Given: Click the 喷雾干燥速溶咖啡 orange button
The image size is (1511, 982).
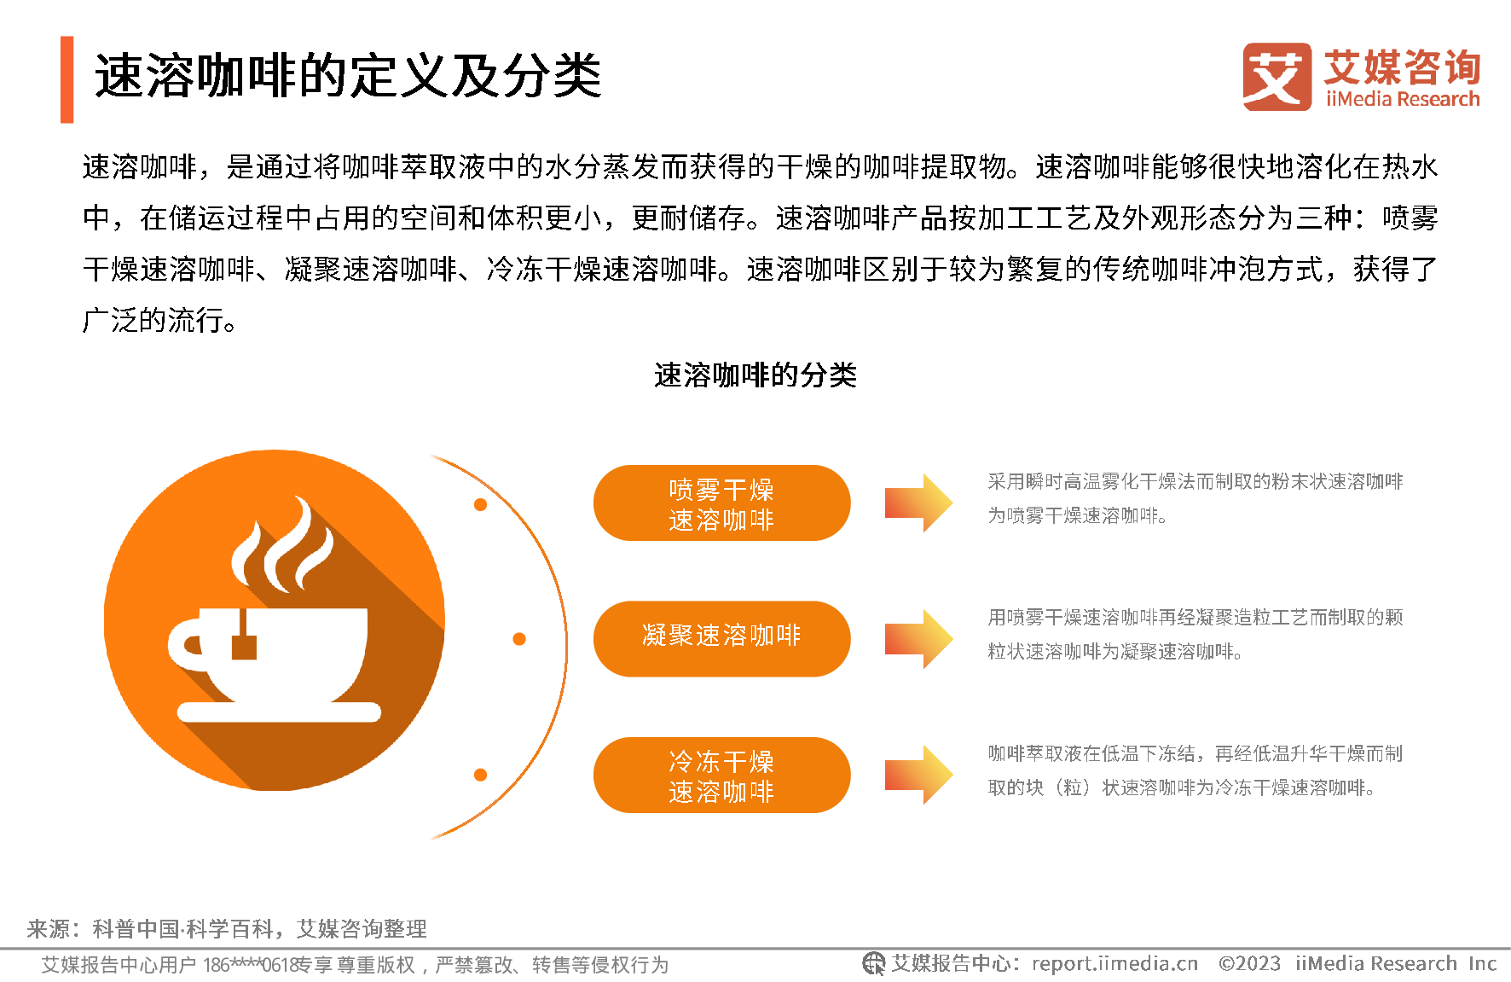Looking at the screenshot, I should coord(721,503).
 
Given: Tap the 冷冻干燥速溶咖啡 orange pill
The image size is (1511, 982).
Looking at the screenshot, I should coord(721,775).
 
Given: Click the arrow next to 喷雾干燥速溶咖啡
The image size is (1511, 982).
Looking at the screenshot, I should coord(918,503).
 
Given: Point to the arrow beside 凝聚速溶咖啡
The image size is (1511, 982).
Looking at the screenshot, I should coord(918,638).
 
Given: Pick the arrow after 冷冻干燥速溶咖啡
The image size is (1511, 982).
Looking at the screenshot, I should coord(918,775).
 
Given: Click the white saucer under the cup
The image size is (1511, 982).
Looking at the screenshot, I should coord(279,712).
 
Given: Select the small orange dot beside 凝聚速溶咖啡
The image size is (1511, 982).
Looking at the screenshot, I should coord(519,639).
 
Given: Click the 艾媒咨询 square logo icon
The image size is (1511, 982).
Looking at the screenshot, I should coord(1277,77).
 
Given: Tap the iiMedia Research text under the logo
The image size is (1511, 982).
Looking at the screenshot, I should coord(1403,99).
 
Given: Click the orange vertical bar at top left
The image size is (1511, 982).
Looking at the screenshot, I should coord(67,79).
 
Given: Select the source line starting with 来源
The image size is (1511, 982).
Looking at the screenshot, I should coord(227,928).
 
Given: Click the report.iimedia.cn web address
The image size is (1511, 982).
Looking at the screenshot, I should coord(1114,964).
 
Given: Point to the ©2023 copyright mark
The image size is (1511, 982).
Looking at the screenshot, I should coord(1249,964).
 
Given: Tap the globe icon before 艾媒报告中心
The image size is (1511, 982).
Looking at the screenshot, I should coord(873,963).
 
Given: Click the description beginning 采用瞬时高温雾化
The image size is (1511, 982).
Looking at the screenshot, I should coord(1195,498).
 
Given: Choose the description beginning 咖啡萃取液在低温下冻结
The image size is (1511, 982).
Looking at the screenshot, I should coord(1195,770).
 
